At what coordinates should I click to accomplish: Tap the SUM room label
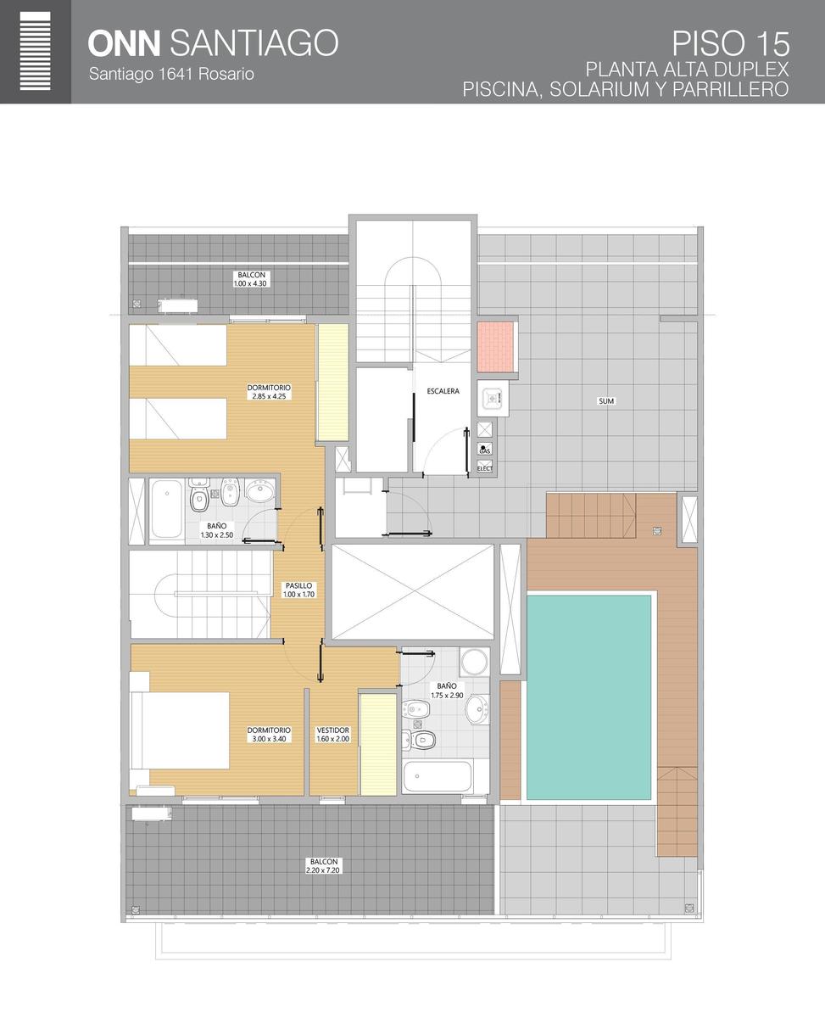[605, 401]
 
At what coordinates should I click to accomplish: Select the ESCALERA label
[443, 391]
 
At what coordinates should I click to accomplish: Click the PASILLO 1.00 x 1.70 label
[298, 590]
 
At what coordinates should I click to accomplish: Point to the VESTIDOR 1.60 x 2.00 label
[333, 735]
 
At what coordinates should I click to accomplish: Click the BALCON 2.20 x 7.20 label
[323, 866]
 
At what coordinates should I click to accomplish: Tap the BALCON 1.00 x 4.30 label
[251, 279]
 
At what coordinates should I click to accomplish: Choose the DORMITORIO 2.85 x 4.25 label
[269, 392]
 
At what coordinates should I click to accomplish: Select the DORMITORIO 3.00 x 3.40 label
[269, 735]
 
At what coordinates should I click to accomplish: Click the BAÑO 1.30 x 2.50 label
[217, 530]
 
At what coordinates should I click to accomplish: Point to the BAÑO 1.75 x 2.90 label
[447, 691]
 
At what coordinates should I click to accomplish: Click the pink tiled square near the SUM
[495, 346]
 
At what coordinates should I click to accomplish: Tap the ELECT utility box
[485, 467]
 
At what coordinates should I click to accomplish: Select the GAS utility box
[484, 449]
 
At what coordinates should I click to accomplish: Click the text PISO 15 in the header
[730, 44]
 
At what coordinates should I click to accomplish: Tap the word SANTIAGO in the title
[254, 42]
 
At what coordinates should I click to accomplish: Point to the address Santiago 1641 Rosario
[171, 74]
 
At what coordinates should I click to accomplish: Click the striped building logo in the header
[36, 51]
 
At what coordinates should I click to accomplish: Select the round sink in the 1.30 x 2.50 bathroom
[260, 491]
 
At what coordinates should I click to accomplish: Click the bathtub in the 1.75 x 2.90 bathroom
[438, 776]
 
